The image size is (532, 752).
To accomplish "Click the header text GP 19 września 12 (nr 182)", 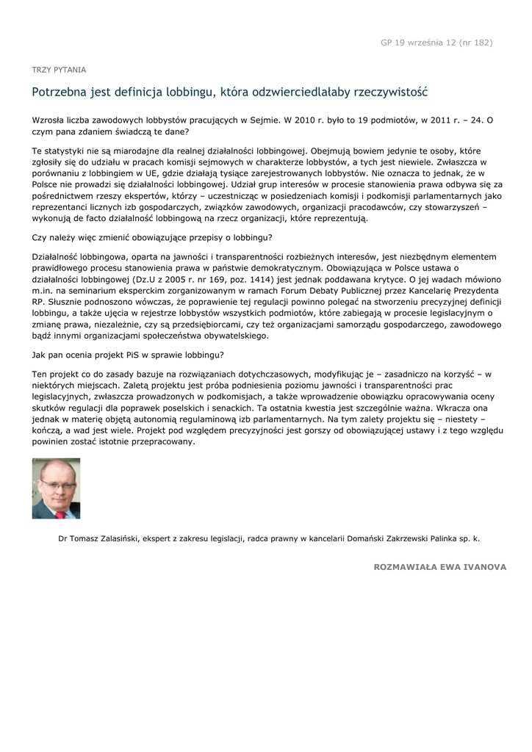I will point(436,43).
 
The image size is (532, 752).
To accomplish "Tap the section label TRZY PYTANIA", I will point(59,70).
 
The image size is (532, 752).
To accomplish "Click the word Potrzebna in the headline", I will point(59,93).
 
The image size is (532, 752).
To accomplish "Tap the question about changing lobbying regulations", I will point(152,238).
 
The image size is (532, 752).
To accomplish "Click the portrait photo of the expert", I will point(56,488).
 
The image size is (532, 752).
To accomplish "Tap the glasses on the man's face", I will point(54,482).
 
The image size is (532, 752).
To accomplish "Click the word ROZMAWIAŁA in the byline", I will point(406,567).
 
